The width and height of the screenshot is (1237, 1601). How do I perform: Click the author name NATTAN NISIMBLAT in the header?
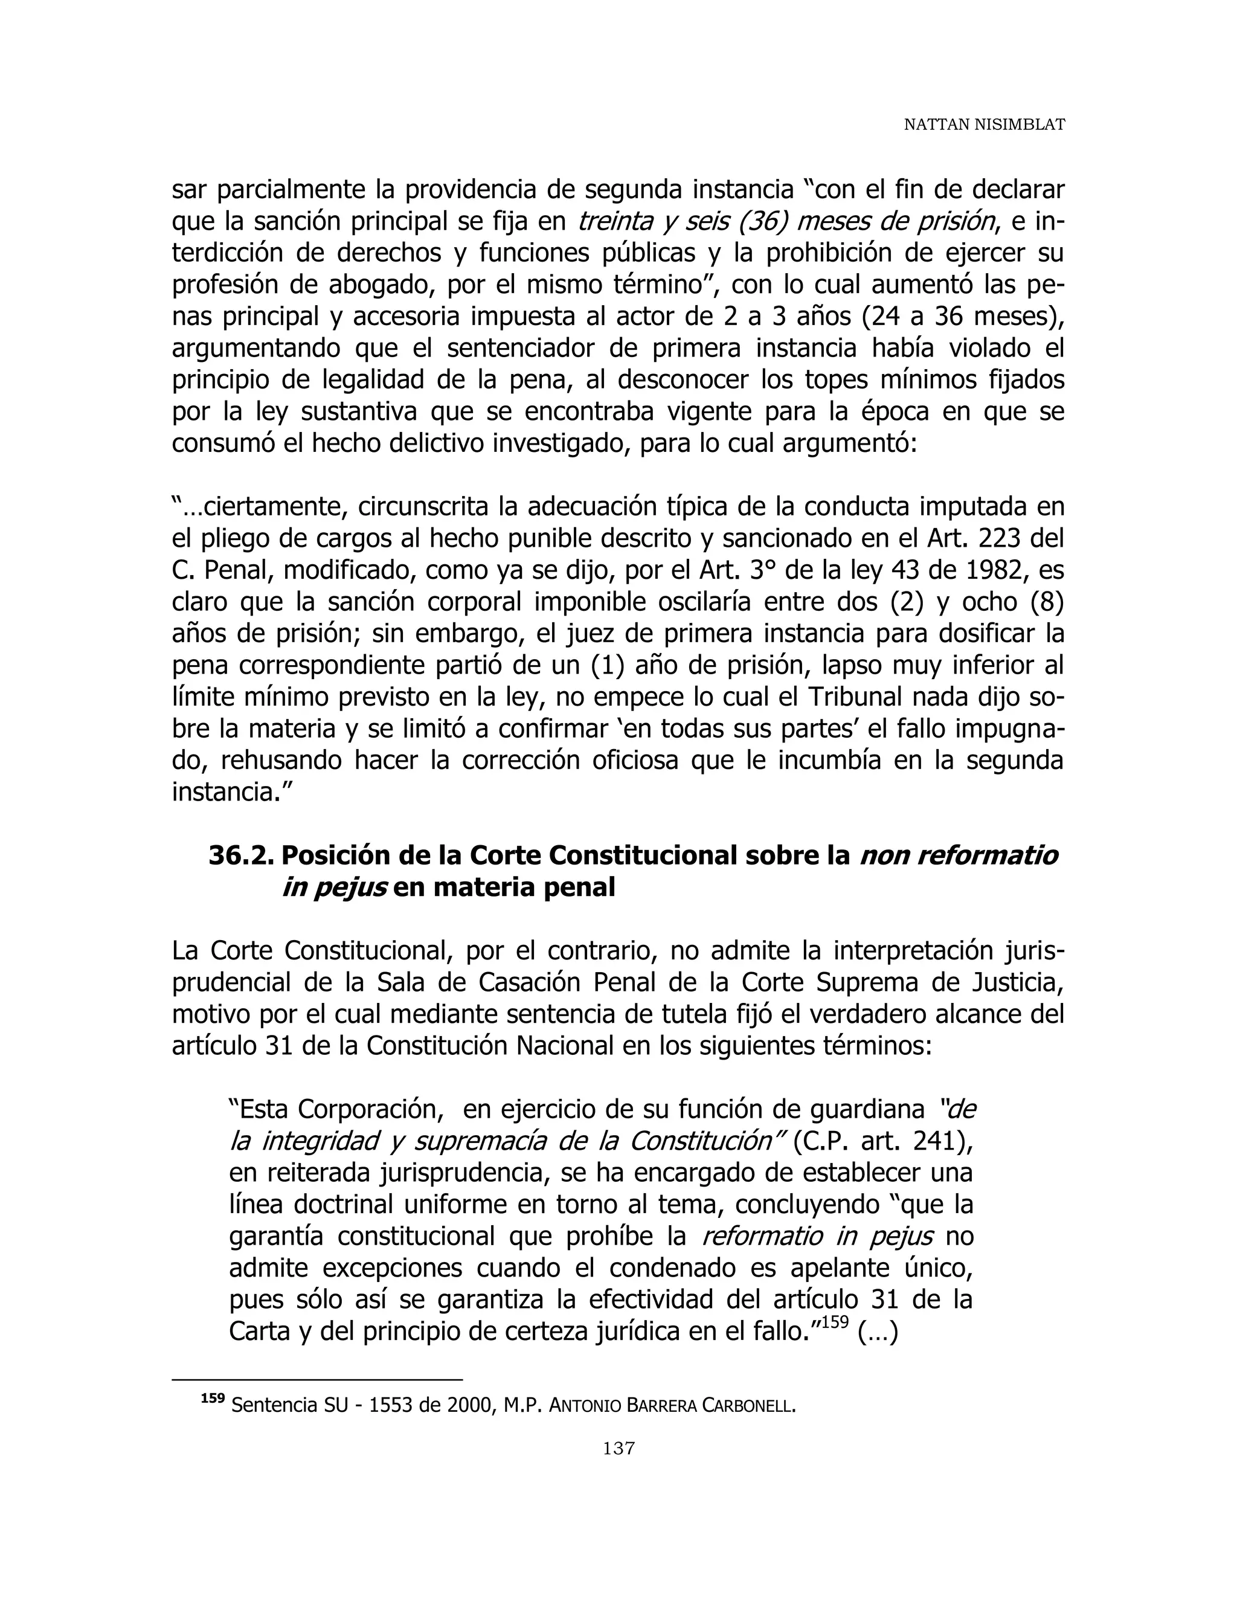pyautogui.click(x=983, y=125)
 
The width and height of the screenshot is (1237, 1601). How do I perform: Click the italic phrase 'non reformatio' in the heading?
pyautogui.click(x=959, y=855)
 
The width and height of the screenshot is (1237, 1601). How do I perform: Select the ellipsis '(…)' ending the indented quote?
pyautogui.click(x=877, y=1331)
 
